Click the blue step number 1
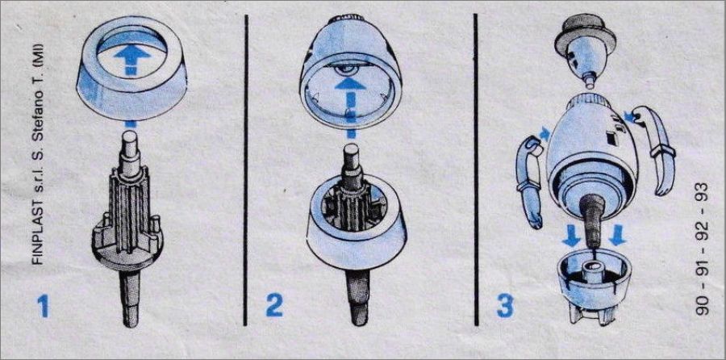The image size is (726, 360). pos(43,306)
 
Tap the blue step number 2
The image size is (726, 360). pos(273,306)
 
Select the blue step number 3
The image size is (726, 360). pos(505,306)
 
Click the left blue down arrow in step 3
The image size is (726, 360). pos(572,237)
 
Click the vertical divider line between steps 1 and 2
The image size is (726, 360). pos(245,170)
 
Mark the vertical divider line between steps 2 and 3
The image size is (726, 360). pos(475,170)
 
